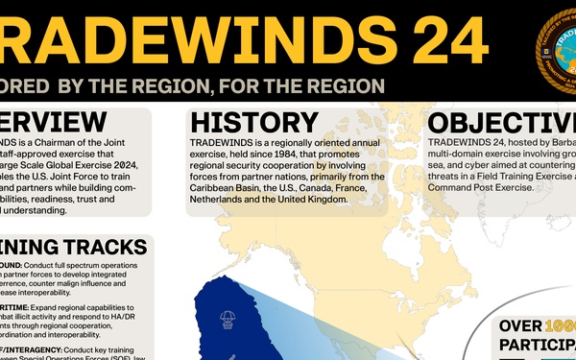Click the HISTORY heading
pyautogui.click(x=253, y=123)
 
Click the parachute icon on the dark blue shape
pyautogui.click(x=229, y=316)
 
